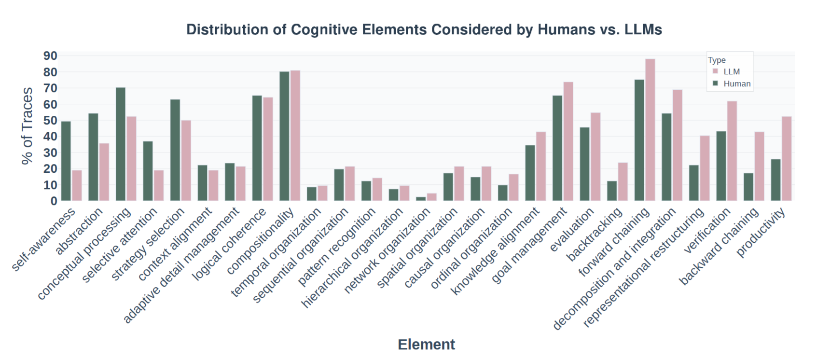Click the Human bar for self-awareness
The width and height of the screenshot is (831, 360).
(66, 161)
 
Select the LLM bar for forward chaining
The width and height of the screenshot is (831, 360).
(650, 130)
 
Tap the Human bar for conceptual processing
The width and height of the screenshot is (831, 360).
(121, 144)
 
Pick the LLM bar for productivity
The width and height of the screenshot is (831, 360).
(787, 159)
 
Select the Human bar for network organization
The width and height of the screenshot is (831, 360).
(421, 199)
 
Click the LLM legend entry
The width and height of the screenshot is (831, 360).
(731, 71)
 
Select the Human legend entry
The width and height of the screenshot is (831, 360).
(736, 83)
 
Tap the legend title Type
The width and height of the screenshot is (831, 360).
(717, 60)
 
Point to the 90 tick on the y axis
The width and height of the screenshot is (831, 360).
(50, 56)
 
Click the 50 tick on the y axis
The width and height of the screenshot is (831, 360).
(50, 121)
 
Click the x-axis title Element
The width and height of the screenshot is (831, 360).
(426, 345)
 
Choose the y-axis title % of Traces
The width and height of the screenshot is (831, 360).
(28, 125)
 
